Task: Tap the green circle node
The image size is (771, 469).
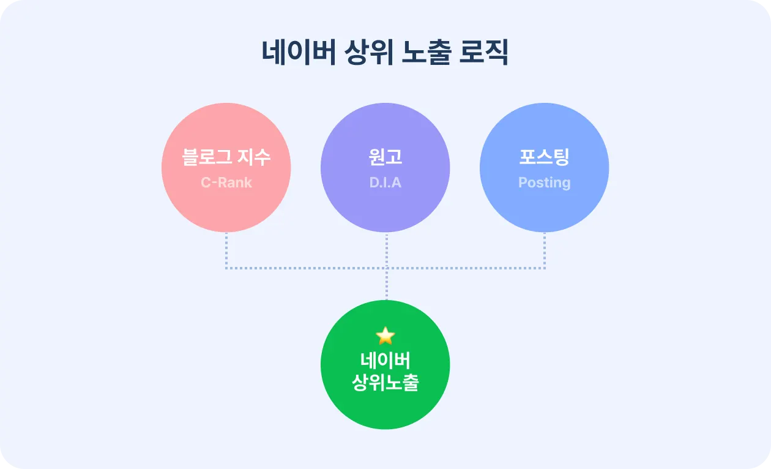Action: coord(386,410)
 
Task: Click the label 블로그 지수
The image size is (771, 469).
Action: coord(226,157)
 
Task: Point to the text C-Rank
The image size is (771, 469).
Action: coord(226,182)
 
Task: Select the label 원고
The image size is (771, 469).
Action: coord(386,157)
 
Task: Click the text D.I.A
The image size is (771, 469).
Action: coord(386,182)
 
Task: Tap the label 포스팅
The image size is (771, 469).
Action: coord(544,157)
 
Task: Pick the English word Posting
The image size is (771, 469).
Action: coord(544,182)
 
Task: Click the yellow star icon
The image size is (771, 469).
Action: coord(386,335)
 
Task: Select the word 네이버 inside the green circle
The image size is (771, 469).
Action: coord(386,360)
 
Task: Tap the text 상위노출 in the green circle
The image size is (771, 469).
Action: coord(386,383)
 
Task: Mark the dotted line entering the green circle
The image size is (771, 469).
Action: coord(386,285)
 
